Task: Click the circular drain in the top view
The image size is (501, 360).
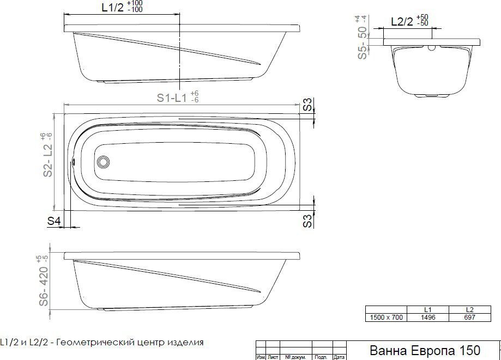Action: [103, 162]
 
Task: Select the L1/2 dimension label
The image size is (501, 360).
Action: [112, 7]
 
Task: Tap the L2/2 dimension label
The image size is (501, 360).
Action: [402, 22]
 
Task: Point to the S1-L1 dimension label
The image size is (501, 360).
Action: [172, 97]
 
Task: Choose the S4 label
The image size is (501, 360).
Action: [54, 221]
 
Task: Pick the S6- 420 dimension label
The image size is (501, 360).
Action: [44, 286]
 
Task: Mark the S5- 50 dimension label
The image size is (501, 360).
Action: [363, 43]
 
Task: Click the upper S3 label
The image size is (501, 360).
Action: [307, 105]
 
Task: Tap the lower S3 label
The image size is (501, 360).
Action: [307, 221]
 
